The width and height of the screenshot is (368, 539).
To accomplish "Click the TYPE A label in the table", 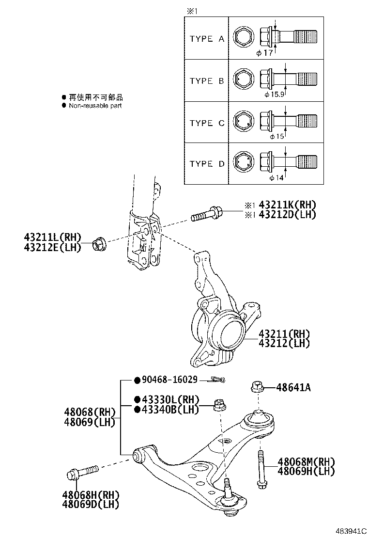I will click(x=207, y=39).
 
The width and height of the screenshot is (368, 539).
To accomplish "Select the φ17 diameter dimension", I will click(x=265, y=52).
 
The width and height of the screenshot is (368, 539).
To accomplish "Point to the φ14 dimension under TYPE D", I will click(x=276, y=178).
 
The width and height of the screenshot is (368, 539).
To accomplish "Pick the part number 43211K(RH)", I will click(x=288, y=205).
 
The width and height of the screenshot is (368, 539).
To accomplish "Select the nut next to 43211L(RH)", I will click(x=100, y=242).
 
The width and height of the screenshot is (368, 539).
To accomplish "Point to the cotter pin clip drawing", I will click(x=216, y=380).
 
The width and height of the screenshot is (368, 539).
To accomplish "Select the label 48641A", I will click(x=294, y=388).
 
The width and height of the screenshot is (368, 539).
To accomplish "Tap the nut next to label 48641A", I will click(x=257, y=387).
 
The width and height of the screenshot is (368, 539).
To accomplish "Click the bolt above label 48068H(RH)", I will click(x=83, y=472).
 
